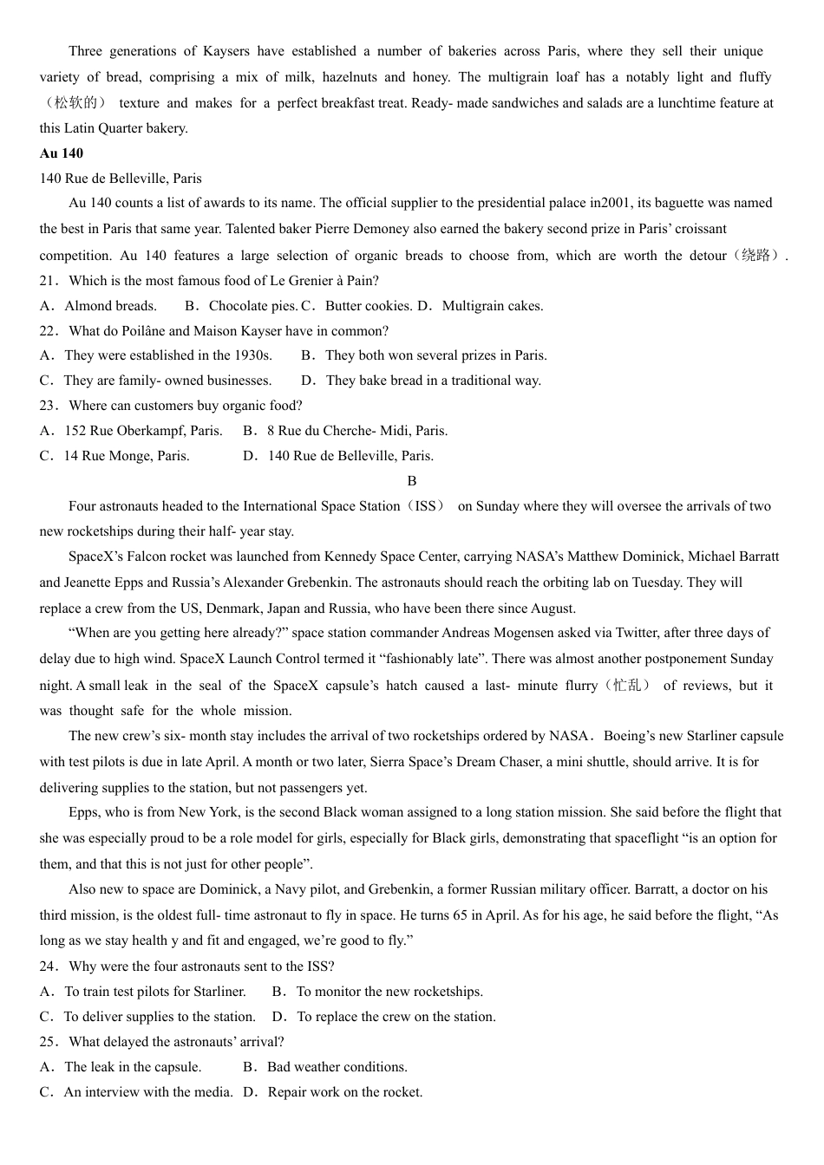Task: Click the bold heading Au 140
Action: [x=61, y=153]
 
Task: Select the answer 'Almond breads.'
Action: [x=110, y=306]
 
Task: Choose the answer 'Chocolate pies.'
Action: [x=252, y=306]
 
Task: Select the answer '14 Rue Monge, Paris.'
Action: [x=126, y=456]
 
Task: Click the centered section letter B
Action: [x=412, y=481]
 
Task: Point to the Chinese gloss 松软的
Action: [x=76, y=103]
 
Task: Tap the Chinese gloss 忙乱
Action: [x=631, y=686]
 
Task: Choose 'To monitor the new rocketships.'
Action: [x=389, y=992]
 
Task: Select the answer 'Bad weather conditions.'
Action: [x=337, y=1067]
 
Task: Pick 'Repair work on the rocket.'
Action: [x=344, y=1092]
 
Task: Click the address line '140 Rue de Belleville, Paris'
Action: [x=121, y=179]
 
